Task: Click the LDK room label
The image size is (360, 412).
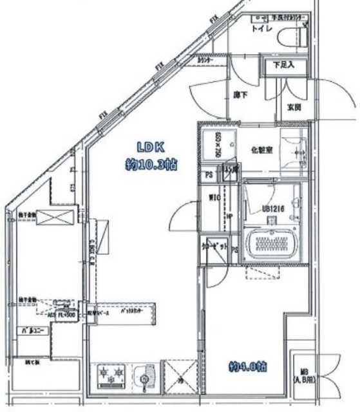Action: (149, 146)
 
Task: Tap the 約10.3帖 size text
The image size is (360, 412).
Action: (151, 165)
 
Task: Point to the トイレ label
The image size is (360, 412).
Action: (260, 29)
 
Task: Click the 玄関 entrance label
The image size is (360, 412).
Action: (294, 107)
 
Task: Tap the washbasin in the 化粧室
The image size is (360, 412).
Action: (296, 153)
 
